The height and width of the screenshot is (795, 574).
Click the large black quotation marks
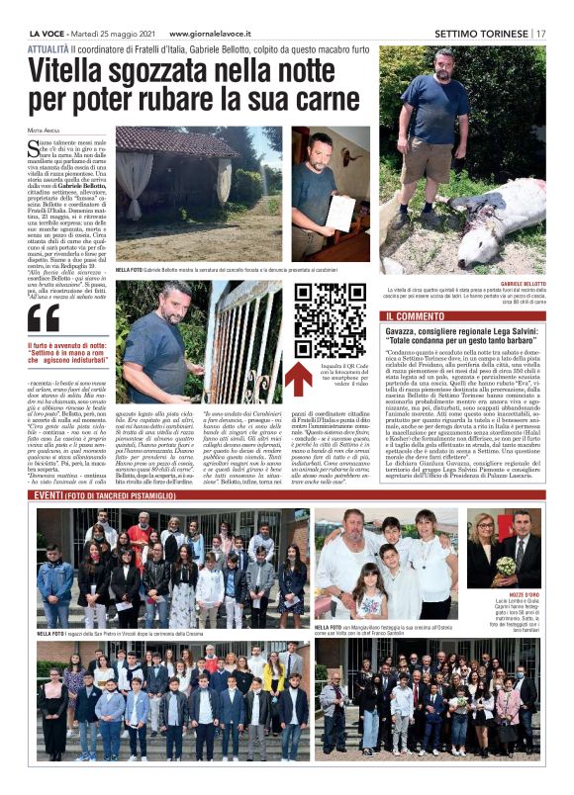click(x=45, y=317)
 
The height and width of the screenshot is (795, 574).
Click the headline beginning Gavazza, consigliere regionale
click(x=464, y=335)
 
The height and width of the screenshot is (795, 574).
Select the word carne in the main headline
click(x=329, y=100)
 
